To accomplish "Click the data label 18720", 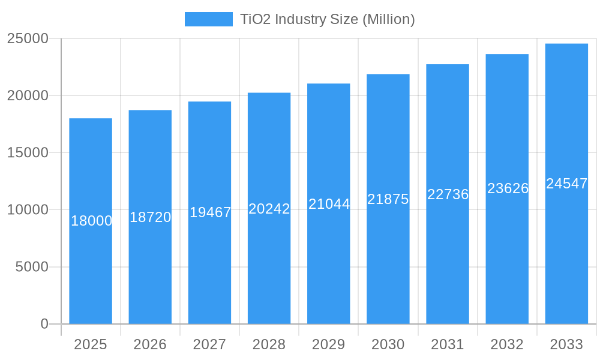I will pyautogui.click(x=150, y=217).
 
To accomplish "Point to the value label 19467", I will pyautogui.click(x=210, y=212).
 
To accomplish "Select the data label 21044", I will pyautogui.click(x=329, y=204).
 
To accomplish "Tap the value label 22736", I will pyautogui.click(x=448, y=194).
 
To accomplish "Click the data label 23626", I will pyautogui.click(x=508, y=188).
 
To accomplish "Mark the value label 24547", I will pyautogui.click(x=566, y=184).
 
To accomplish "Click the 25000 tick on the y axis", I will pyautogui.click(x=28, y=38).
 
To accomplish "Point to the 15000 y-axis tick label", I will pyautogui.click(x=28, y=152).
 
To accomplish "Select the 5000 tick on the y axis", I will pyautogui.click(x=31, y=266).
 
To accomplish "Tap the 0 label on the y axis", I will pyautogui.click(x=44, y=324).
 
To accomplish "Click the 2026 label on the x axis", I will pyautogui.click(x=150, y=344).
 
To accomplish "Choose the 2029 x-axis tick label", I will pyautogui.click(x=329, y=344).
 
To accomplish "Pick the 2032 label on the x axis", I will pyautogui.click(x=507, y=344).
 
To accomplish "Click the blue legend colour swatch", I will pyautogui.click(x=208, y=19).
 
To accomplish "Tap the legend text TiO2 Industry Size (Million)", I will pyautogui.click(x=328, y=19).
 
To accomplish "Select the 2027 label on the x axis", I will pyautogui.click(x=209, y=344).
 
